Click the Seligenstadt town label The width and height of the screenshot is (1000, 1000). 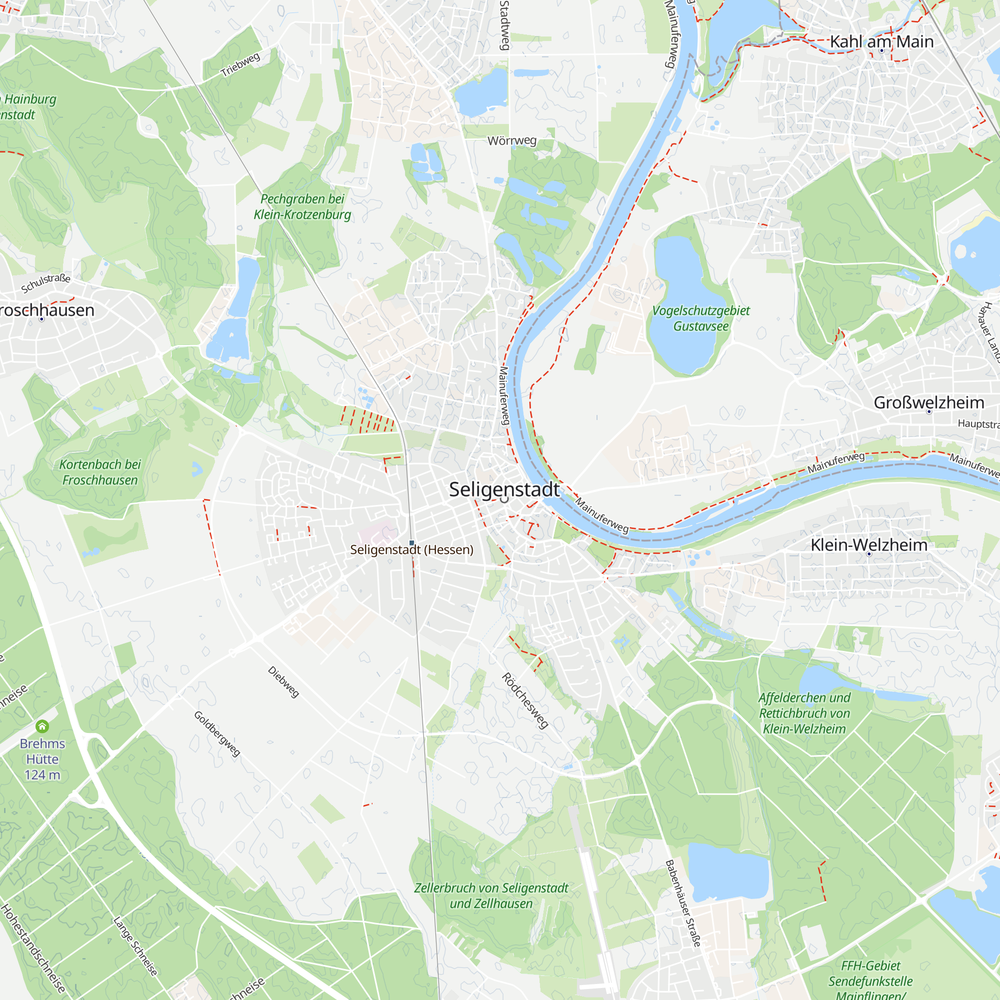click(x=503, y=489)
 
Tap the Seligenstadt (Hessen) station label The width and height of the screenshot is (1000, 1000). click(x=411, y=549)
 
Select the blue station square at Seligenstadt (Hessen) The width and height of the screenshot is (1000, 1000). click(x=411, y=542)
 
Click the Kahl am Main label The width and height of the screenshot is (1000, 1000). click(x=881, y=41)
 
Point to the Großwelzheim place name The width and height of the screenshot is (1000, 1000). click(x=928, y=402)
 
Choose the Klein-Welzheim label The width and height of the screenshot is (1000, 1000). click(x=868, y=544)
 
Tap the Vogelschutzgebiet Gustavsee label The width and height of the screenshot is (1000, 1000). click(x=700, y=318)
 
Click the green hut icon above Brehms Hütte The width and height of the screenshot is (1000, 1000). click(x=42, y=726)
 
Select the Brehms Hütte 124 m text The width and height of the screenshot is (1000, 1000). click(x=42, y=759)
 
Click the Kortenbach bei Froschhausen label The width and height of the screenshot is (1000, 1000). click(x=100, y=472)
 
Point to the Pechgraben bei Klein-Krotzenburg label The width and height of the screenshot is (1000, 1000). click(x=302, y=206)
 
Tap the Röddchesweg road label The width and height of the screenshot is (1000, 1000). click(x=524, y=701)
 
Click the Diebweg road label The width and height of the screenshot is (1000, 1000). click(x=283, y=681)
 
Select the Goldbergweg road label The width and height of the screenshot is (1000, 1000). click(x=217, y=733)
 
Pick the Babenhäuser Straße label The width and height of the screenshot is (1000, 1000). click(x=682, y=903)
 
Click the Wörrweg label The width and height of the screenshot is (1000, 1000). click(x=511, y=141)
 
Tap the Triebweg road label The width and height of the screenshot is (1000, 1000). click(x=240, y=64)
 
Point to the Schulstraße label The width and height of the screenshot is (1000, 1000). click(x=45, y=282)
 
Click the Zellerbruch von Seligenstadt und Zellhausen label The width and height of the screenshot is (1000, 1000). click(x=490, y=895)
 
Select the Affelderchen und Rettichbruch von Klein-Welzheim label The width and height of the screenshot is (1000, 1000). click(x=804, y=713)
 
